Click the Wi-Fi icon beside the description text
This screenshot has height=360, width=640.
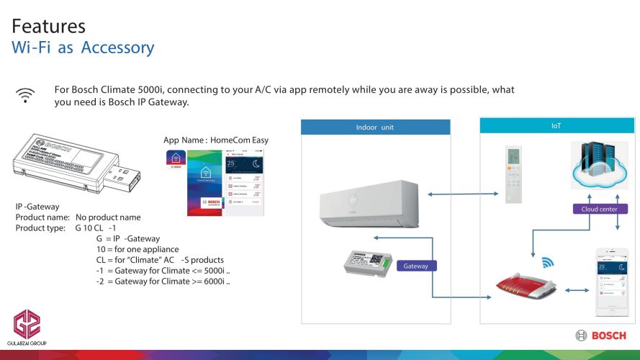click(x=26, y=95)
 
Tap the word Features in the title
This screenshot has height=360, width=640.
click(x=49, y=27)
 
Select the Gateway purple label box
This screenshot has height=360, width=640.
click(x=415, y=266)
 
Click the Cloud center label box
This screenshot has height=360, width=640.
click(x=599, y=210)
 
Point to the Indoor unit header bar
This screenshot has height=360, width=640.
click(x=375, y=127)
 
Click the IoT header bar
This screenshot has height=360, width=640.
click(x=556, y=125)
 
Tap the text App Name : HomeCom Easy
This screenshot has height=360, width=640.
click(x=216, y=140)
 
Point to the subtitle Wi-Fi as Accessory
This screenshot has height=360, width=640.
click(x=83, y=48)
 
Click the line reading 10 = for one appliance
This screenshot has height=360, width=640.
click(x=138, y=249)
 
